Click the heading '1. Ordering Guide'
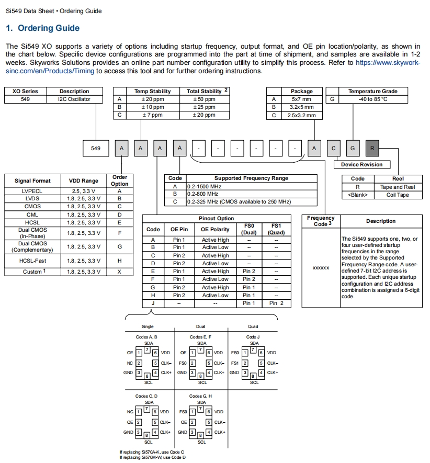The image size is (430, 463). coord(42,28)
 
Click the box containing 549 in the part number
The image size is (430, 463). coord(96,149)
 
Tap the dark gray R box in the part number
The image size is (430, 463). coord(372,149)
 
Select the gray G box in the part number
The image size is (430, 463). coord(353,149)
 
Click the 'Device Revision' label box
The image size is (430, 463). coord(361,164)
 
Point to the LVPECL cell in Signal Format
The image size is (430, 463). coord(32,191)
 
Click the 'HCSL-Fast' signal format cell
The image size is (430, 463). coord(32,261)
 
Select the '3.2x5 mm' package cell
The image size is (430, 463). coord(302,107)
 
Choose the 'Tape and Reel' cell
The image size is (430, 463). coord(398,187)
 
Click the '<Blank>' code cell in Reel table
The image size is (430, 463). coord(358,195)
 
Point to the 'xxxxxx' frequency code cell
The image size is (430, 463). coord(321,268)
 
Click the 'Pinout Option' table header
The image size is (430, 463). coord(217,218)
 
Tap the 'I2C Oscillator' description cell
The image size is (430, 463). coord(74,99)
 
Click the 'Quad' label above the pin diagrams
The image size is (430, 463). coord(253,326)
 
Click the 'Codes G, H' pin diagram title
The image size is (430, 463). coord(200,396)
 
